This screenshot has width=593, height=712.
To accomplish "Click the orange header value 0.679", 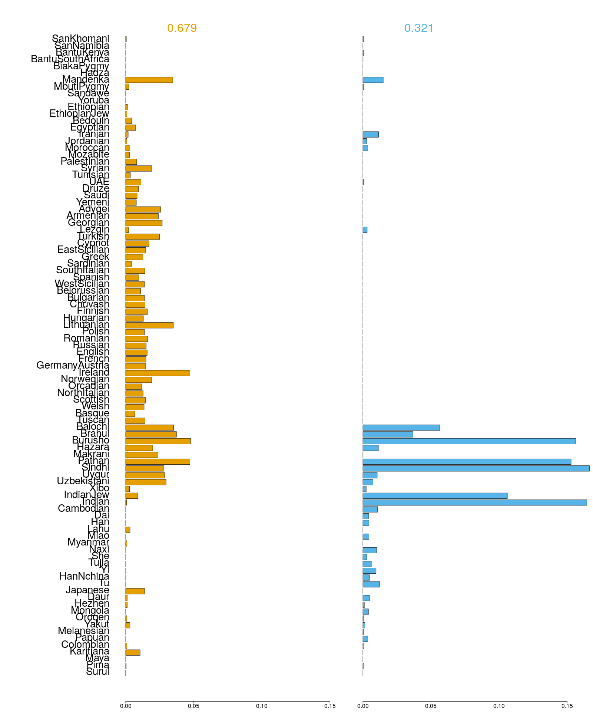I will [x=182, y=28].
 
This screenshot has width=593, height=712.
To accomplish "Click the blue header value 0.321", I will [x=418, y=28].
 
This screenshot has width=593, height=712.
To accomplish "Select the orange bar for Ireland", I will [x=158, y=373].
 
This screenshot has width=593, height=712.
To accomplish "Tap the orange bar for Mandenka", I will [x=149, y=80].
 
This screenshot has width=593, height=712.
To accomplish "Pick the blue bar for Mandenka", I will [x=373, y=80].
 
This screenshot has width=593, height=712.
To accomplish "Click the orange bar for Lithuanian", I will [x=149, y=325].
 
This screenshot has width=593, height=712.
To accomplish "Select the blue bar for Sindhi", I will [x=476, y=468].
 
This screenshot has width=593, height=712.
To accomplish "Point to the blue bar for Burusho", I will [x=469, y=441].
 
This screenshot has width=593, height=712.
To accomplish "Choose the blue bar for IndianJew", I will [x=435, y=496].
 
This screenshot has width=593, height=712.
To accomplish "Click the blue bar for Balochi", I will [x=401, y=428].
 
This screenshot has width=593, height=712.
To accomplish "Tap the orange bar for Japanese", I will [x=135, y=591].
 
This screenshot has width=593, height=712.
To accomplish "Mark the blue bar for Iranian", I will [x=371, y=134].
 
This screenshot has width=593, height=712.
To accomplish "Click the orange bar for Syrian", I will [x=139, y=169].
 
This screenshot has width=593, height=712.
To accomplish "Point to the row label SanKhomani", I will [x=80, y=39].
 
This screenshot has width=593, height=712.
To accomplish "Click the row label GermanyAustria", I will [x=73, y=366].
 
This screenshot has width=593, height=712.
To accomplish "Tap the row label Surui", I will [x=97, y=672].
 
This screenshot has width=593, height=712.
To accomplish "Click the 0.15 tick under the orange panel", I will [x=330, y=706].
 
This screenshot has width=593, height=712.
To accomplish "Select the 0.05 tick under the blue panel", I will [x=431, y=706].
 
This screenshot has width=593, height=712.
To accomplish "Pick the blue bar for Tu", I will [x=371, y=584].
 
